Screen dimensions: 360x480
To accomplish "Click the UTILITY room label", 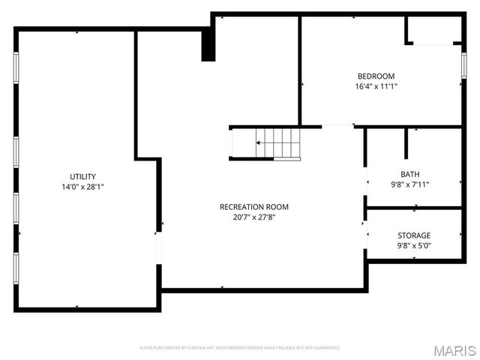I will [x=82, y=177].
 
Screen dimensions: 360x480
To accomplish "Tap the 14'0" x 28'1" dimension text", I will [x=82, y=187].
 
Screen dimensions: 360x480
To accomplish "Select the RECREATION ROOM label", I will [x=253, y=207].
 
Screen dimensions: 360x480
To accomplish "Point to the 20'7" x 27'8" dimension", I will [x=253, y=217].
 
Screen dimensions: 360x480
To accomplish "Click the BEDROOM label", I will [x=376, y=76].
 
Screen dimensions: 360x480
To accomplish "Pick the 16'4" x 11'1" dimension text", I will [x=376, y=86].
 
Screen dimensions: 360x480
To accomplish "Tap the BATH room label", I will [x=410, y=174].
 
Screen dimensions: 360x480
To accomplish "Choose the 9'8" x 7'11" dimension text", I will [x=410, y=184].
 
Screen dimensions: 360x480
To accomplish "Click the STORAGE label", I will [x=414, y=235].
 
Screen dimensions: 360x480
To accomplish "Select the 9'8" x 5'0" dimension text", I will [x=414, y=245].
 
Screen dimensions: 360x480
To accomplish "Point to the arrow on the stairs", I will [x=260, y=142].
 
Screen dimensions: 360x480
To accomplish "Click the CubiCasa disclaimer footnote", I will [x=240, y=348].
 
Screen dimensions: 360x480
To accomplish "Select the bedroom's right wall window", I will [x=463, y=67].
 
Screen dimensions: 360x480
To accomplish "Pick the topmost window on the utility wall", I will [x=16, y=70].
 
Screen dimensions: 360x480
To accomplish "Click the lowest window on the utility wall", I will [x=16, y=267].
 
